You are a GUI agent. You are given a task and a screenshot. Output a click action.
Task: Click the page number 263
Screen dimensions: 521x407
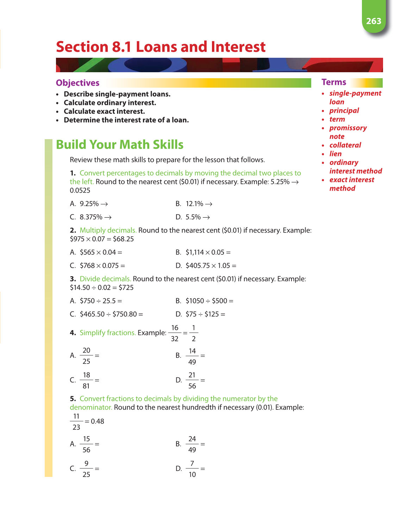point(374,21)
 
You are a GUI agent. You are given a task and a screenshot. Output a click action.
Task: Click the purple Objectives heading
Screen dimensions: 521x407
point(78,83)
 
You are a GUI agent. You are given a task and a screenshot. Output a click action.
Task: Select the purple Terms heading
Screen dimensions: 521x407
point(334,82)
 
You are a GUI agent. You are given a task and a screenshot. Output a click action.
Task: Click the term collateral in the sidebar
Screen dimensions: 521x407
point(345,145)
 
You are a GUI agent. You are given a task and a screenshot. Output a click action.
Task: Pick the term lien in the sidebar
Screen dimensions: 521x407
point(335,154)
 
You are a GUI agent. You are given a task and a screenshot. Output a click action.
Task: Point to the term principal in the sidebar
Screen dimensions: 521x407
point(344,111)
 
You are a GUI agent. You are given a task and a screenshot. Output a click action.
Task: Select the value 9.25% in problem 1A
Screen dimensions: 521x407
point(89,204)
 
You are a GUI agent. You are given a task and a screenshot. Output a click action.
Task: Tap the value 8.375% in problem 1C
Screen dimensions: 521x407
point(91,217)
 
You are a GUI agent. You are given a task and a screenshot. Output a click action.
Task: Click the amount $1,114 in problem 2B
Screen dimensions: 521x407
point(195,253)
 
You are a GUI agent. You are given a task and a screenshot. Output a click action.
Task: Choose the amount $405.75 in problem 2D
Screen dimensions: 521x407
point(198,266)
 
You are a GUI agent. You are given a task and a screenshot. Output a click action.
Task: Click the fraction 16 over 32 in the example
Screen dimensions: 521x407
point(175,333)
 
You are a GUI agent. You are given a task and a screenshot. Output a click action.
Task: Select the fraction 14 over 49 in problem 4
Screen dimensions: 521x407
point(192,356)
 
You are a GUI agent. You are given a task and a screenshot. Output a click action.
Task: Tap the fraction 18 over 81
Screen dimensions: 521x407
point(86,380)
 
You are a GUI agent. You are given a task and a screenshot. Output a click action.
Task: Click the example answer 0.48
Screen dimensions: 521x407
point(98,421)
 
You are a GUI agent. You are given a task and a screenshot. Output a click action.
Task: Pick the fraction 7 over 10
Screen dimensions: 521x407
point(192,469)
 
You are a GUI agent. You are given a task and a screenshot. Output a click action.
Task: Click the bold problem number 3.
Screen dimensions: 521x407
point(73,279)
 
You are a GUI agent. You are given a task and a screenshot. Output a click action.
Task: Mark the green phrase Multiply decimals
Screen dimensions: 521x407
point(108,230)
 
